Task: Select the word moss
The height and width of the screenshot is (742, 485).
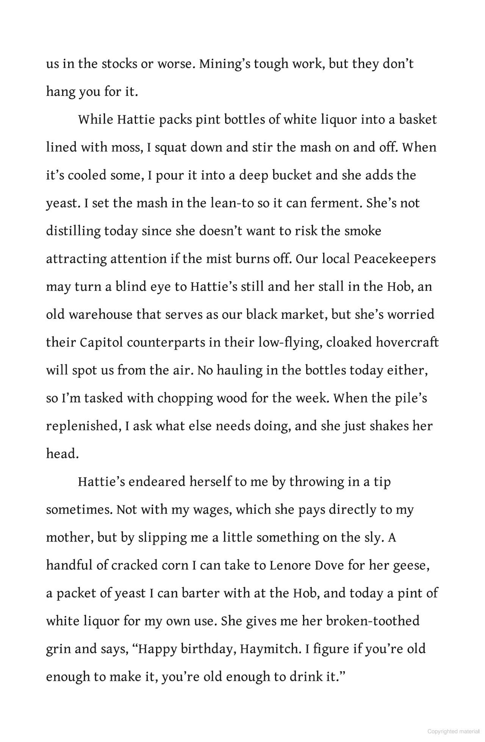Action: pos(127,147)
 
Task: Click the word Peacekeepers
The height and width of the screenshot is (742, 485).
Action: pos(395,259)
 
